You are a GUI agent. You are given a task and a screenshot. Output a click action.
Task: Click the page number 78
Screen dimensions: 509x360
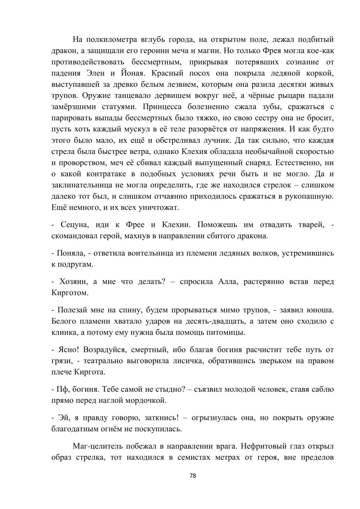click(x=193, y=476)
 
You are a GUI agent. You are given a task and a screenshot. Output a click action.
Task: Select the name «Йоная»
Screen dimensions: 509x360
click(x=132, y=73)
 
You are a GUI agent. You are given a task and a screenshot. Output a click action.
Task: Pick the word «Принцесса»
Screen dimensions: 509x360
click(x=167, y=107)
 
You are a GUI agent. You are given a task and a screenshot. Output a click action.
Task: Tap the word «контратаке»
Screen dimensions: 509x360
click(x=108, y=174)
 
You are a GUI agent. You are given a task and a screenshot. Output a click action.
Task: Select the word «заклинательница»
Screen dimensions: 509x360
click(x=81, y=185)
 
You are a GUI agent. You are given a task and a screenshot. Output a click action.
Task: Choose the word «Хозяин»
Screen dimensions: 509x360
click(x=72, y=281)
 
